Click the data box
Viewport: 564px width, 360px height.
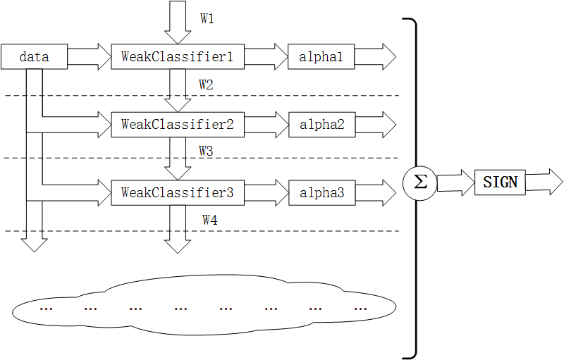tap(34, 57)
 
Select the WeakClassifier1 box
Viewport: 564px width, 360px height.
tap(177, 57)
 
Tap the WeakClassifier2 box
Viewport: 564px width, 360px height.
tap(177, 125)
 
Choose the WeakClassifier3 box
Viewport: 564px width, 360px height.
tap(177, 192)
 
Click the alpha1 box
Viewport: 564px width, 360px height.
tap(321, 57)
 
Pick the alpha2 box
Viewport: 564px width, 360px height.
tap(321, 125)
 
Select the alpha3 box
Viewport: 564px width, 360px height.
tap(321, 192)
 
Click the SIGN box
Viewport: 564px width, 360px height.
tap(500, 182)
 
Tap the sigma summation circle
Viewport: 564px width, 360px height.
tap(419, 182)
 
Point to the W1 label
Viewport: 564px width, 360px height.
tap(207, 19)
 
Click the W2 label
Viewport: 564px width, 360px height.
tap(206, 85)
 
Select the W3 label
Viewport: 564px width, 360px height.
tap(206, 151)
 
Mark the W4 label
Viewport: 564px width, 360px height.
tap(209, 221)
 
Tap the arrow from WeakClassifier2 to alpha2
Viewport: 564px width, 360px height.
tap(265, 125)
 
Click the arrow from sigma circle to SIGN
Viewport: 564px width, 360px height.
tap(455, 182)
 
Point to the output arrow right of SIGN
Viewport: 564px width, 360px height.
tap(544, 182)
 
